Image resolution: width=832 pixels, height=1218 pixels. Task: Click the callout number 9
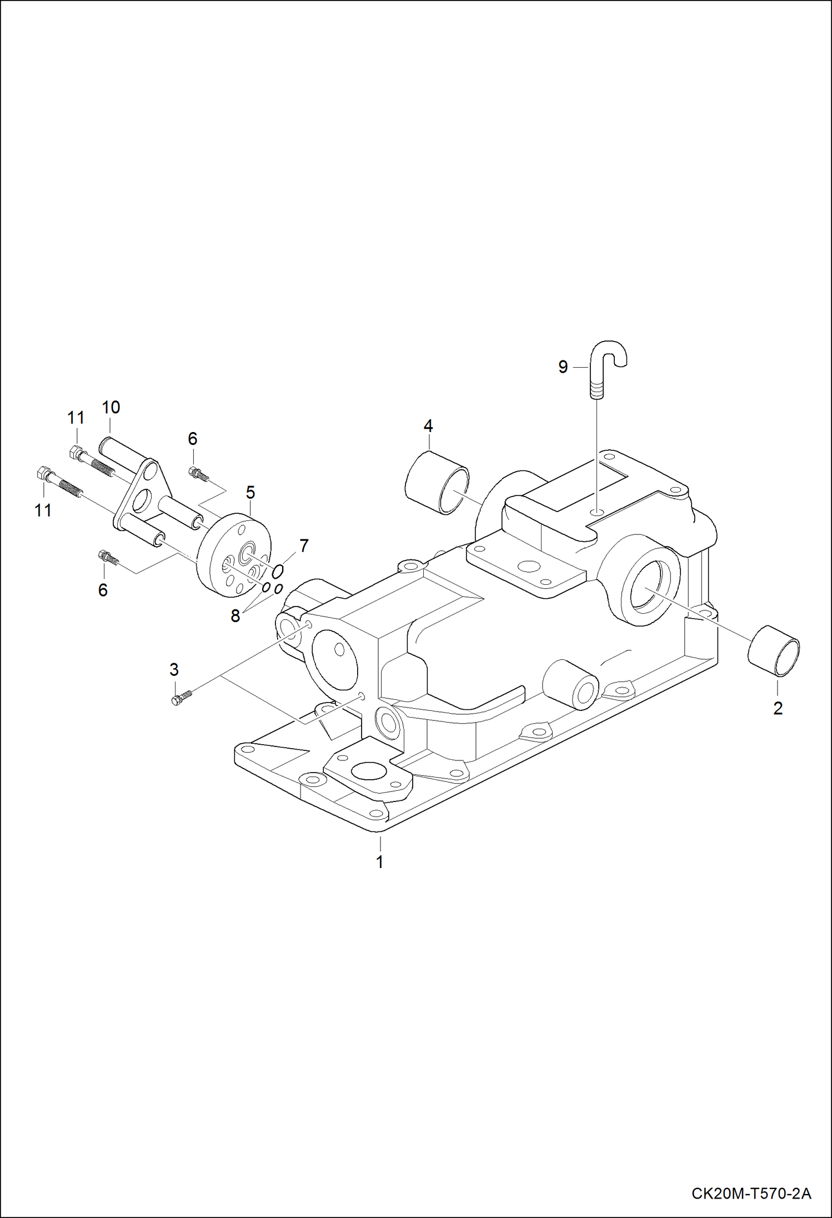point(563,367)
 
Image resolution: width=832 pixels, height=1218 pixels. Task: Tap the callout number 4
point(428,426)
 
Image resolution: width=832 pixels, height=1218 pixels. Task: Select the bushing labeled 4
point(437,483)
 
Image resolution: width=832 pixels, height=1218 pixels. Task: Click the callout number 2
point(778,708)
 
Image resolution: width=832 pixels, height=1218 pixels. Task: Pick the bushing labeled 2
point(774,650)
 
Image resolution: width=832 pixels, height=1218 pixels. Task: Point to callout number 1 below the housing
point(380,862)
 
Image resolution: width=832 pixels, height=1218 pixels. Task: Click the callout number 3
point(174,670)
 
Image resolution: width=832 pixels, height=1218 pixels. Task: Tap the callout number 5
point(250,492)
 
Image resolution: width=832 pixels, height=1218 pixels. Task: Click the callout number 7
point(304,546)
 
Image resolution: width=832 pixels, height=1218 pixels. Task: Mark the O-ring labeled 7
point(279,570)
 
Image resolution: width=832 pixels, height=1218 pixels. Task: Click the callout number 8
point(235,616)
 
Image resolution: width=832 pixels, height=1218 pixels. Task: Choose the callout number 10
point(111,407)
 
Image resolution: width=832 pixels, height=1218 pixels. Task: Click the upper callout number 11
point(76,418)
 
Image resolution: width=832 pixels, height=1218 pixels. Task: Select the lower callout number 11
point(43,510)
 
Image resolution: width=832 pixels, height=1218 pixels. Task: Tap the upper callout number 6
point(192,439)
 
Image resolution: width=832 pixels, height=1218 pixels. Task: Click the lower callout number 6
point(103,590)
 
